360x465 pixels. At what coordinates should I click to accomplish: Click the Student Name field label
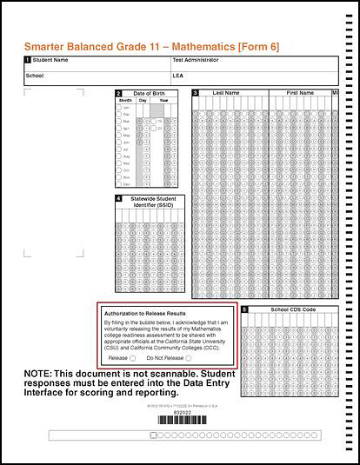[50, 61]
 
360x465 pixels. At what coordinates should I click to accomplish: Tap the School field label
[35, 76]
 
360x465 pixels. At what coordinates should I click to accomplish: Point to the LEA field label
[178, 76]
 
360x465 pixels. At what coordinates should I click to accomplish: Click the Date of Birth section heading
[150, 93]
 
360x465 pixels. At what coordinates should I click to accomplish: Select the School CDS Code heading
[293, 309]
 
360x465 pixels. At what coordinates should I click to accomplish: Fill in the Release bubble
[133, 357]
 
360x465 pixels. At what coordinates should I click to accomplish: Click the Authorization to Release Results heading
[144, 312]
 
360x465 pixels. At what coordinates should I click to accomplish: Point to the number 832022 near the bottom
[179, 412]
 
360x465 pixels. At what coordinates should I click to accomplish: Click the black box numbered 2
[119, 93]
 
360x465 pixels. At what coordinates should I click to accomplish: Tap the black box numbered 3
[196, 92]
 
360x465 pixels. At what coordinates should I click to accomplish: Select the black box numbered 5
[245, 309]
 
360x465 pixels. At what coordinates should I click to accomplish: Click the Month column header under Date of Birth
[125, 101]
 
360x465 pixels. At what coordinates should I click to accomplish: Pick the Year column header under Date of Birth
[163, 101]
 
